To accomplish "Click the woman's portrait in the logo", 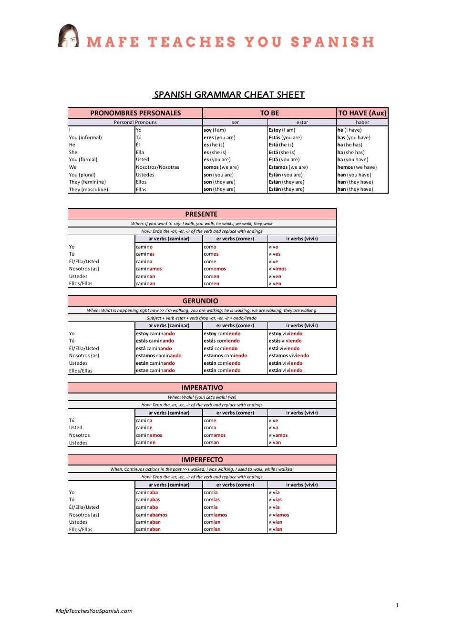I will click(68, 36).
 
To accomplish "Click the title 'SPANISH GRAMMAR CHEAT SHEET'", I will click(229, 94).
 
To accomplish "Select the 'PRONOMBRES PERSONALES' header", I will click(135, 113).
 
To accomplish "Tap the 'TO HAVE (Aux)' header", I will click(362, 113).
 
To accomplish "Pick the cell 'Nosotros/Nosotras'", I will click(157, 167).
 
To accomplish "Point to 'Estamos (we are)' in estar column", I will click(288, 167).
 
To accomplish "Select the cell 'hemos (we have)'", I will click(357, 167).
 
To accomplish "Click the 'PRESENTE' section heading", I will click(201, 214).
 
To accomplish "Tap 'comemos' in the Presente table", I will click(215, 269).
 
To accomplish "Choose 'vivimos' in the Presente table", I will click(278, 269).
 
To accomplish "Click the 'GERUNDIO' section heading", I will click(200, 301).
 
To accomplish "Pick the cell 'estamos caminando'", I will click(159, 356).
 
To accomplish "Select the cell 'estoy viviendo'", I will click(285, 334).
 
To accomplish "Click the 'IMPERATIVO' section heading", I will click(202, 388).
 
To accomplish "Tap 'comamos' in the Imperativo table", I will click(215, 435).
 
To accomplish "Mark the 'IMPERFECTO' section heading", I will click(202, 460).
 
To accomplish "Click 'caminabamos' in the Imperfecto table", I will click(152, 515).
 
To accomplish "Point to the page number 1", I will click(397, 605).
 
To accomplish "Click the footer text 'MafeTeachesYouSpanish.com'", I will click(94, 611).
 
